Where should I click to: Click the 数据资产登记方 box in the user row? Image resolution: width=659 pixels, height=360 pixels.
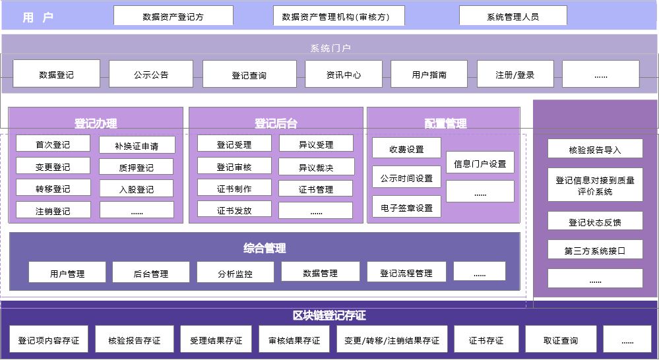point(173,16)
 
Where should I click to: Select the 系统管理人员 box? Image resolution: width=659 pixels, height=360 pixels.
point(513,16)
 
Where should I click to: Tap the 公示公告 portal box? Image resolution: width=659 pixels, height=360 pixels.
point(150,75)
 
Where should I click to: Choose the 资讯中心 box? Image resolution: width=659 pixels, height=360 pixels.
point(343,75)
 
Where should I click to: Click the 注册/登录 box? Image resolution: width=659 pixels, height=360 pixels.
point(515,75)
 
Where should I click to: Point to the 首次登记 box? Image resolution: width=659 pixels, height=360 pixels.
point(53,144)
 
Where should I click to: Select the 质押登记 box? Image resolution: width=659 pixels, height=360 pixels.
point(137,167)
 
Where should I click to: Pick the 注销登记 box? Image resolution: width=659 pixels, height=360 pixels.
point(53,211)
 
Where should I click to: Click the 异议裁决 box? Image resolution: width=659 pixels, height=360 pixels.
point(316,167)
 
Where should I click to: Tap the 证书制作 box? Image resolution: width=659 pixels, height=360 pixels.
point(234,189)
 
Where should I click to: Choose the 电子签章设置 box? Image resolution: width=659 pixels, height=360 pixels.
point(406,207)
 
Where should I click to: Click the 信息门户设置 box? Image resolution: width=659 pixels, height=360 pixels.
point(480,164)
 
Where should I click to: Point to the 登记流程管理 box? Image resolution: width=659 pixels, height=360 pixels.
point(406,272)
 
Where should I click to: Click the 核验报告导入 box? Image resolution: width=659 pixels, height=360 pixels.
point(594,150)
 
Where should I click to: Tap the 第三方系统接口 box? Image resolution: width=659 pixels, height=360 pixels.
point(594,251)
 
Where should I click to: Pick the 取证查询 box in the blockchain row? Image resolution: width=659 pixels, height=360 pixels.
point(561,340)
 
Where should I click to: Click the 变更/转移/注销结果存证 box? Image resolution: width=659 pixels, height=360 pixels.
point(391,340)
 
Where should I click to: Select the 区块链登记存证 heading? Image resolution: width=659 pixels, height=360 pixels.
point(329,316)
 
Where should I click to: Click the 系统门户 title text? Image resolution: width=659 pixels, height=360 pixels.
point(330,48)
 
